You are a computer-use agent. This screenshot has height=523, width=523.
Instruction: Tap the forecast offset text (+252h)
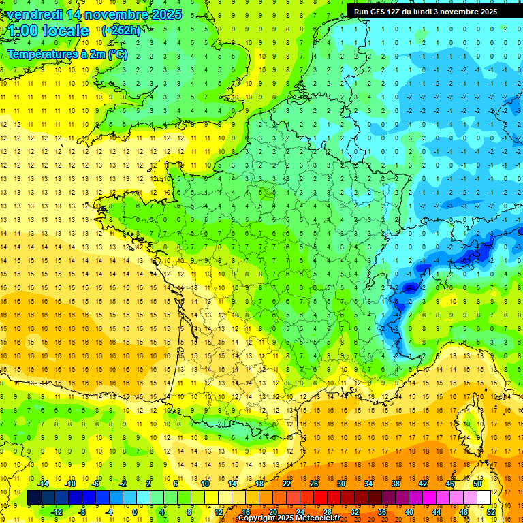click(121, 30)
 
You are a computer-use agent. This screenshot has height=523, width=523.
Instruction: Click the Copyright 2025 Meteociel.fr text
click(289, 518)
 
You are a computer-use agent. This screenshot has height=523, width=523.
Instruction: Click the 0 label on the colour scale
click(134, 512)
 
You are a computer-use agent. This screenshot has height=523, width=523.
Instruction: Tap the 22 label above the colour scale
click(287, 484)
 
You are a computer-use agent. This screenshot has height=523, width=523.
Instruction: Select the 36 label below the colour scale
click(382, 512)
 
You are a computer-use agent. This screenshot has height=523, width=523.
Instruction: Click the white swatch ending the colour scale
click(484, 498)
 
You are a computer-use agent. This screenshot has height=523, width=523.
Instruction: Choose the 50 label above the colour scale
click(477, 484)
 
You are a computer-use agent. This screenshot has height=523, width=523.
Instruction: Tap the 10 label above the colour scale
click(205, 484)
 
